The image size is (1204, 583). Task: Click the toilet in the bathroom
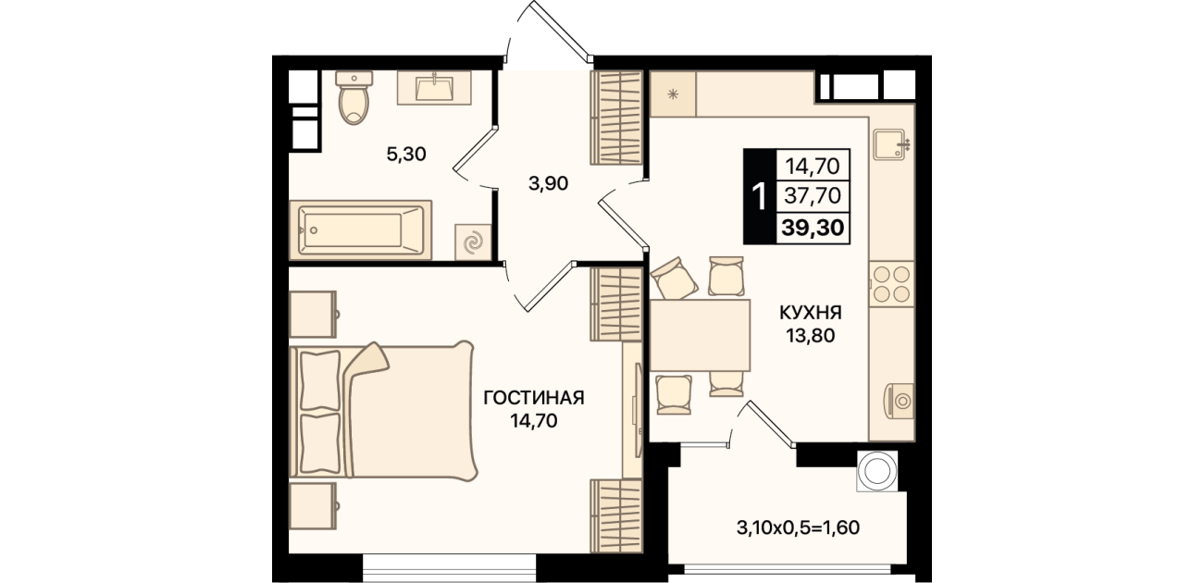point(354,97)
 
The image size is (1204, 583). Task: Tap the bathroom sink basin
point(434,88)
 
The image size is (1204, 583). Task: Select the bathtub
point(360,230)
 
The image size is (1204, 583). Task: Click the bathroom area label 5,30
point(406,155)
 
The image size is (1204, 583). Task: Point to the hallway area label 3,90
point(548,184)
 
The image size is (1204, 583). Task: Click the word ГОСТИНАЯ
point(534,398)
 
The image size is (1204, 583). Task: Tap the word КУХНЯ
point(811,312)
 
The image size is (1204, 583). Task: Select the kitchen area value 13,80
point(811,336)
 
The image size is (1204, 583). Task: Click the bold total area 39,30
point(813,228)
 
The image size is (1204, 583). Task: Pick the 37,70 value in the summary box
point(813,195)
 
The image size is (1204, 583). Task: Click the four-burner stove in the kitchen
point(891,284)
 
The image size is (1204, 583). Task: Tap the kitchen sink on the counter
point(889,144)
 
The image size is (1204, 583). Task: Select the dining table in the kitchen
point(700,335)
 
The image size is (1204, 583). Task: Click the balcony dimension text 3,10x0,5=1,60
point(798,527)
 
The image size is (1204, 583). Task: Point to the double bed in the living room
point(383,411)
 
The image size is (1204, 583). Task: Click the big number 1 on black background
point(760,197)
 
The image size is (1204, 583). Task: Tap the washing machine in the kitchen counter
point(899,401)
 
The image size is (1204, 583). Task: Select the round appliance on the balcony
point(877,471)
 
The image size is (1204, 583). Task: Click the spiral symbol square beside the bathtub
point(473,242)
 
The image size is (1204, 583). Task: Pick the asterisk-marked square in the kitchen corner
point(673,94)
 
